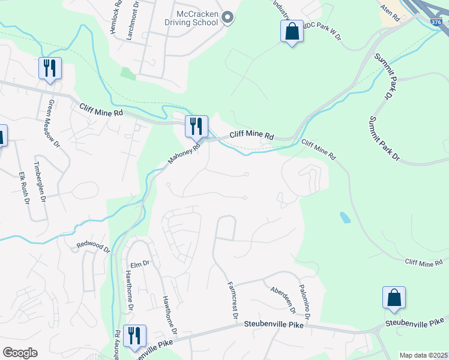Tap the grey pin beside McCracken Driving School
pyautogui.click(x=228, y=18)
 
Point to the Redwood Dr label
pyautogui.click(x=94, y=247)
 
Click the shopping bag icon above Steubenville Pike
pyautogui.click(x=394, y=297)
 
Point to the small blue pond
pyautogui.click(x=345, y=217)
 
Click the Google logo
pyautogui.click(x=20, y=353)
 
